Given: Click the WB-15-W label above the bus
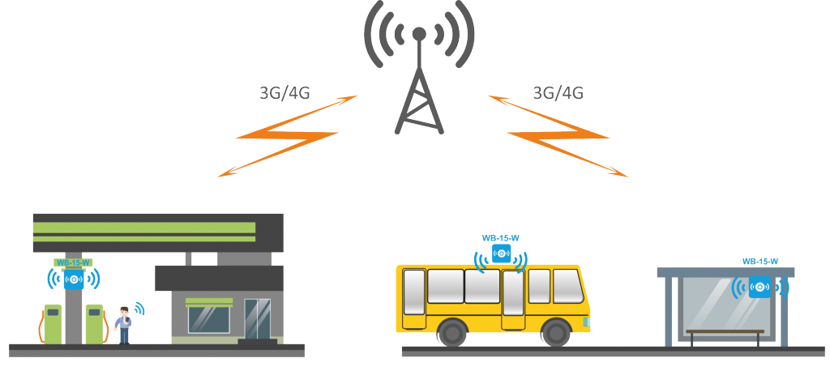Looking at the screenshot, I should coord(500,237).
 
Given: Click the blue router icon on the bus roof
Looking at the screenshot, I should coord(501,254).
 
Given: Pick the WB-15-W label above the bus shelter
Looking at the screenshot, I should coord(760,261).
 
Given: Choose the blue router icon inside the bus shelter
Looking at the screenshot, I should coord(759,287).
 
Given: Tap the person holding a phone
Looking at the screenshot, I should coord(123,324).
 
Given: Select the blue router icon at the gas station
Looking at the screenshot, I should coord(74,279).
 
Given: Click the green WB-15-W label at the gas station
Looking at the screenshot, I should coord(73,262).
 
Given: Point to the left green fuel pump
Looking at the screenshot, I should coord(52,323).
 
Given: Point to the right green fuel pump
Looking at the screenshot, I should coord(95,323).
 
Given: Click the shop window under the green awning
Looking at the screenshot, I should coord(208,318).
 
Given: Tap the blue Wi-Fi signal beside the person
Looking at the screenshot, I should coord(139,309).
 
